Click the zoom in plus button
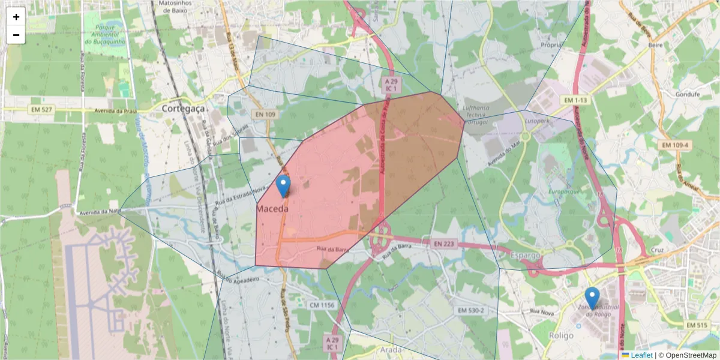[16, 17]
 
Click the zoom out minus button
[16, 35]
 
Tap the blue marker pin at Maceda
[284, 185]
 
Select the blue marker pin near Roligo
[592, 298]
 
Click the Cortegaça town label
[183, 109]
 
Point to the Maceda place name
[272, 209]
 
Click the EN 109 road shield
[265, 114]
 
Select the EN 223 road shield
[443, 244]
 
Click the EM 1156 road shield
[322, 305]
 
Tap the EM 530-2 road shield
[470, 310]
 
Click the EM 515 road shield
[697, 325]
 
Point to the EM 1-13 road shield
[575, 100]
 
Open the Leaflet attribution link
[641, 355]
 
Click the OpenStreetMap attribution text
[687, 355]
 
